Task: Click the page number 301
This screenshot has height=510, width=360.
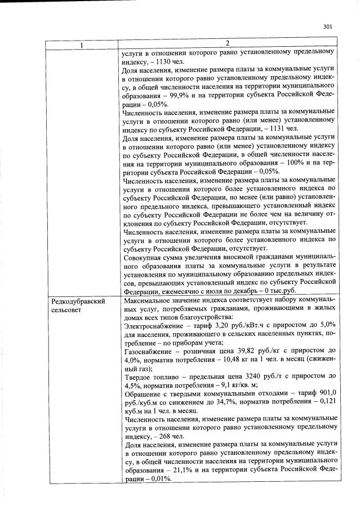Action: pyautogui.click(x=328, y=26)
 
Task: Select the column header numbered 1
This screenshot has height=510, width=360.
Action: pyautogui.click(x=82, y=44)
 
